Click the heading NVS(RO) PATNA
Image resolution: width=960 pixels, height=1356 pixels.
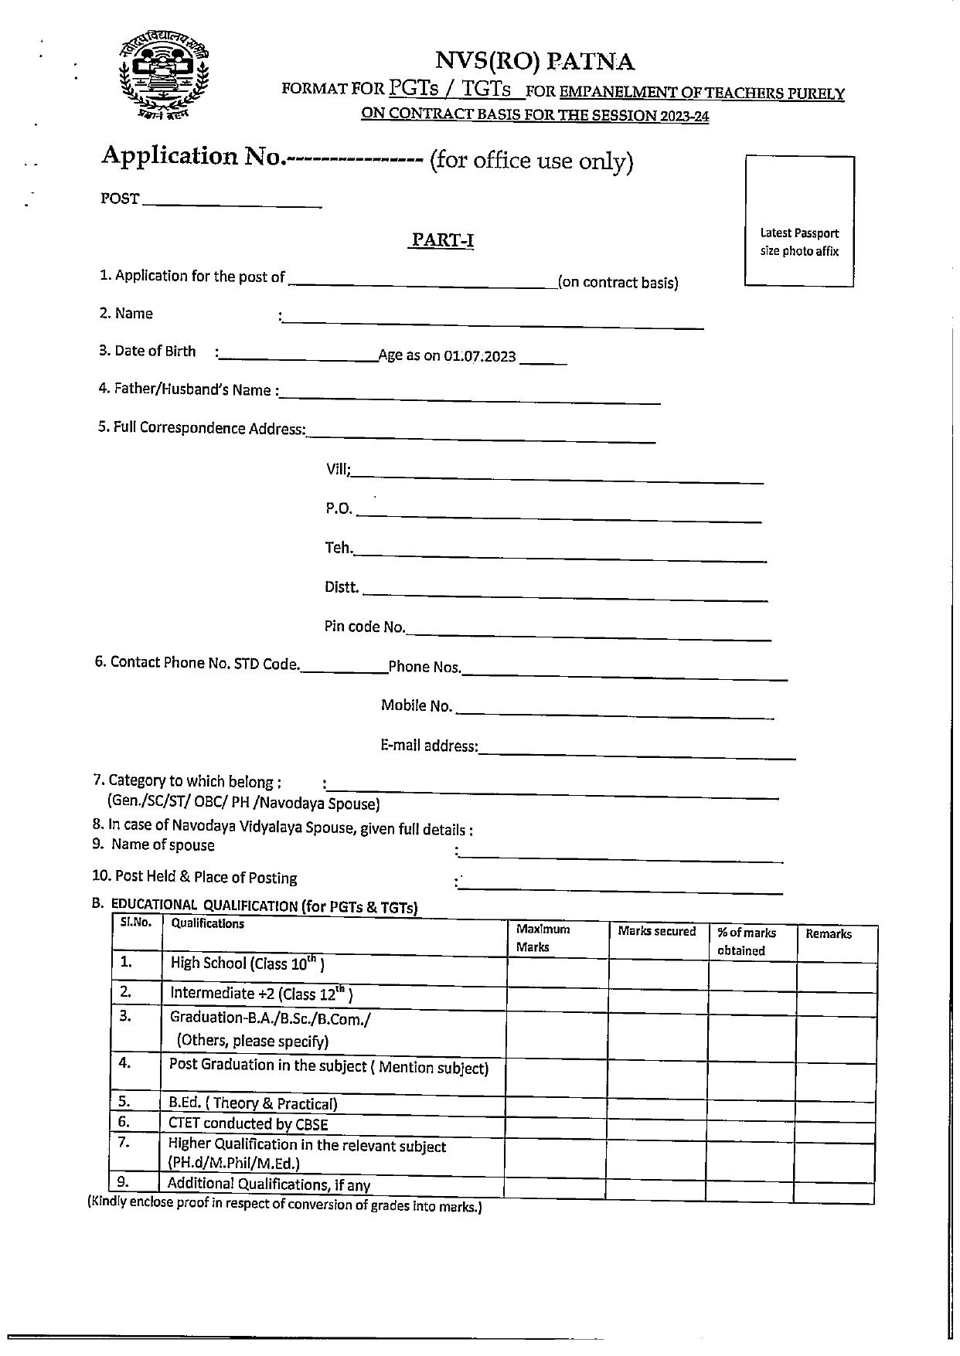[535, 61]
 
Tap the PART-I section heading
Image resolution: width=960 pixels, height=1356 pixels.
[441, 240]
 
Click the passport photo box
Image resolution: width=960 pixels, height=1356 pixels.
[799, 221]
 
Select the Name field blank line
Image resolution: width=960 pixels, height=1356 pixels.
[493, 323]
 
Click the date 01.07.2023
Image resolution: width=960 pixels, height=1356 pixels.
[480, 356]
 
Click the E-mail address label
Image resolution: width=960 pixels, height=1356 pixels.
[429, 746]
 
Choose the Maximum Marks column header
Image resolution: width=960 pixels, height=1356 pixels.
[543, 938]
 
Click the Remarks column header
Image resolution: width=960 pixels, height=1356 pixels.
[829, 934]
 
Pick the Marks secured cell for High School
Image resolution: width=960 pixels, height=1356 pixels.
[658, 972]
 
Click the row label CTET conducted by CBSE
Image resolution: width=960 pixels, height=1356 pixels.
[248, 1124]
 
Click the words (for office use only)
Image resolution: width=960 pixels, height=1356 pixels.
[531, 161]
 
